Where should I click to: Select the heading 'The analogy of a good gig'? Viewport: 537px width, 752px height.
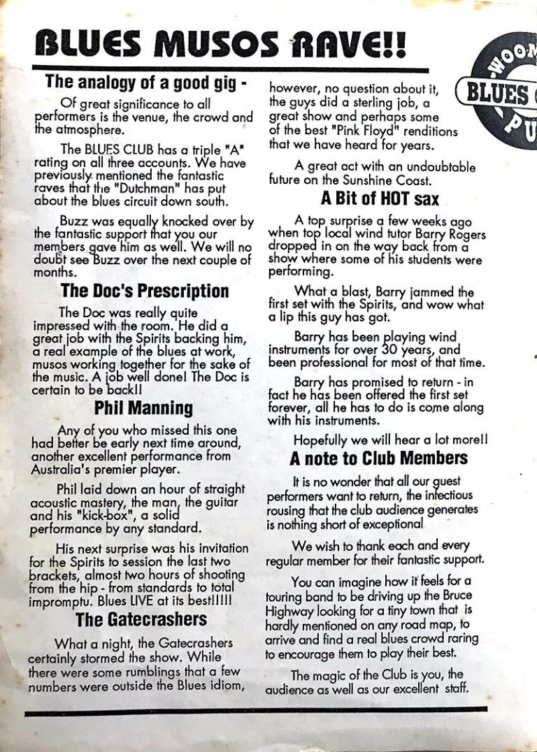click(146, 82)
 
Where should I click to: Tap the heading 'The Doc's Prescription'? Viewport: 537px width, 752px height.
click(145, 290)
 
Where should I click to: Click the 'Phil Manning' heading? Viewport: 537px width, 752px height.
click(143, 407)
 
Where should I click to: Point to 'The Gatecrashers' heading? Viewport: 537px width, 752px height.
click(141, 619)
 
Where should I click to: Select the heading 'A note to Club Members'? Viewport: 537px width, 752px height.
click(378, 458)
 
